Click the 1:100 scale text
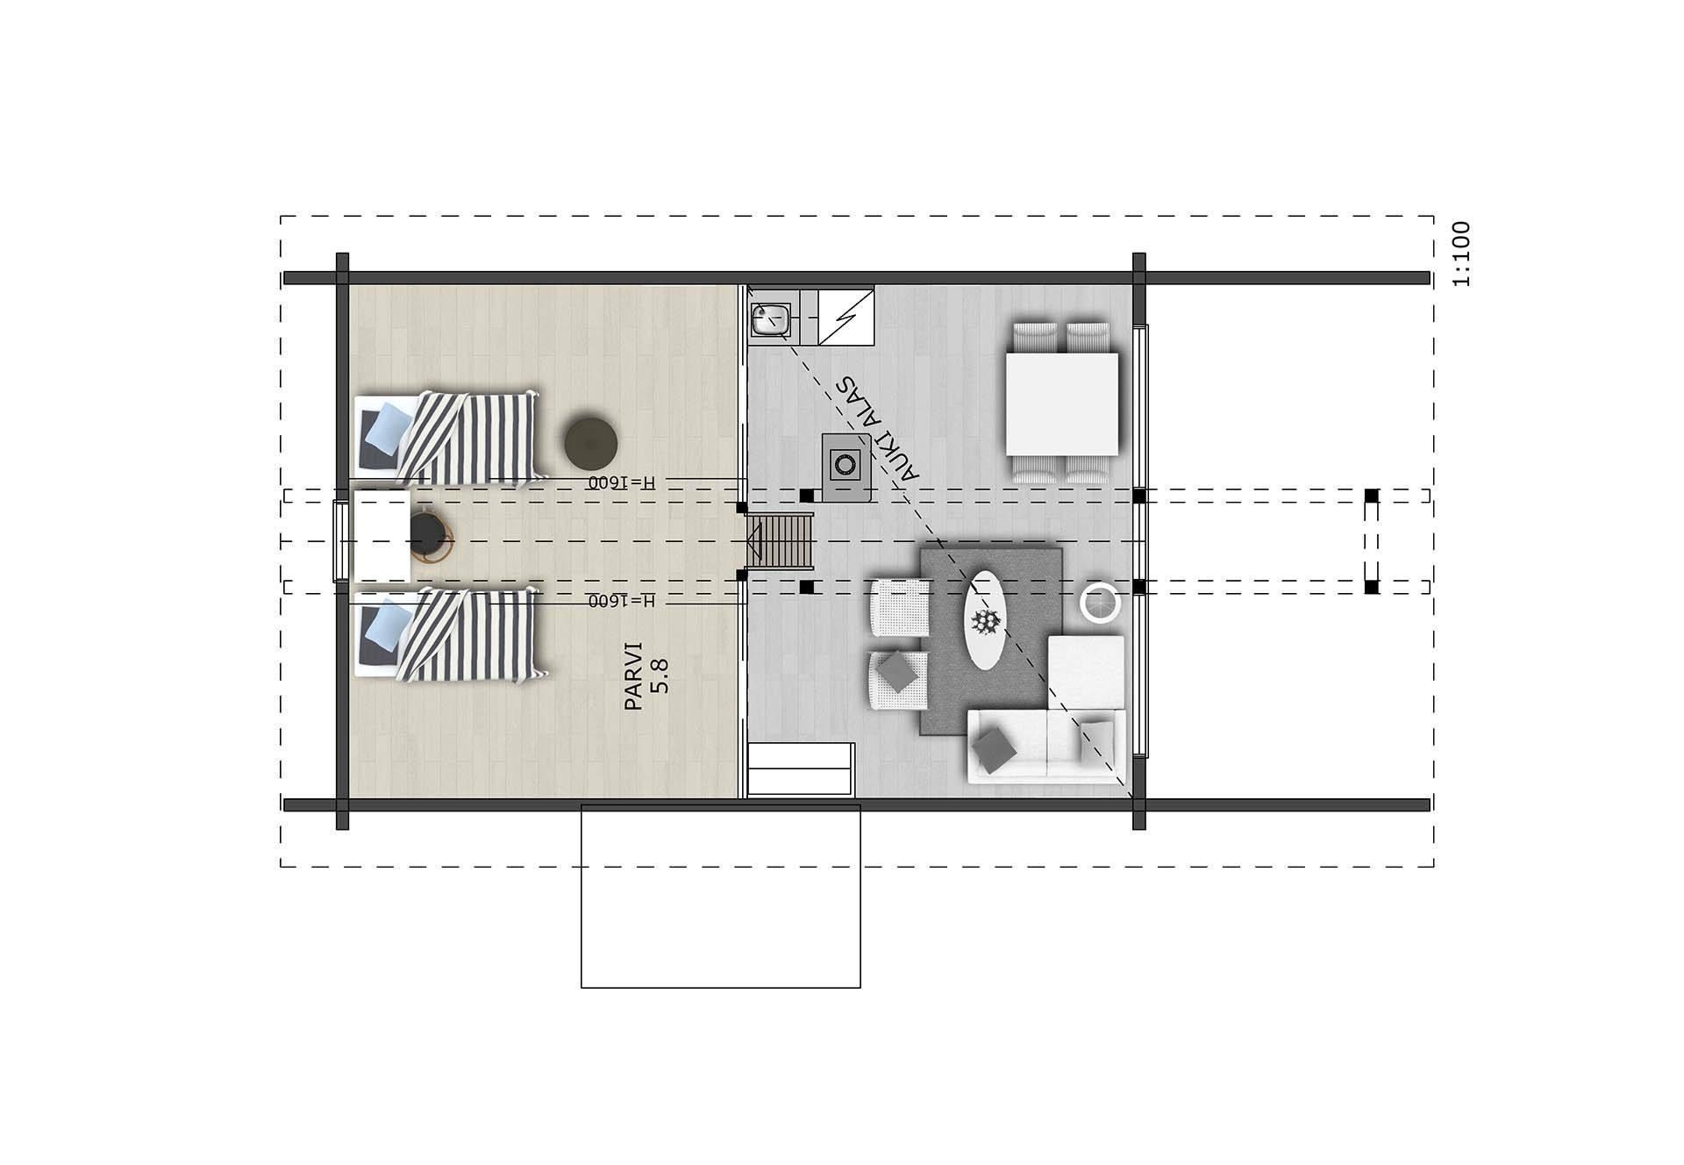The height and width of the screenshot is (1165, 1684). coord(1461,254)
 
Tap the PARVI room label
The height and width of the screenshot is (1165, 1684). coord(634,676)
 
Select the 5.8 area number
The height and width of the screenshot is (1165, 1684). coord(661,676)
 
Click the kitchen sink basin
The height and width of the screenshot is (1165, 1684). coord(771,319)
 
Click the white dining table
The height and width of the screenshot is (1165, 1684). coord(1062,403)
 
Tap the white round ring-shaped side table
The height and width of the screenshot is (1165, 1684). coord(1101,603)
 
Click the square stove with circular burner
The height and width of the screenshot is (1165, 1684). coord(846,468)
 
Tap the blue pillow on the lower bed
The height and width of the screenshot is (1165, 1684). coord(387,625)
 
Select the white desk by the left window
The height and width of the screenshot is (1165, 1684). coord(382,537)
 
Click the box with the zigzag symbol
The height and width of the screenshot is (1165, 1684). coord(846,315)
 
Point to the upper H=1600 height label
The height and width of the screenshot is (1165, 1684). coord(622,482)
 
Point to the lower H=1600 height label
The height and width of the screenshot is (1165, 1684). coord(622,601)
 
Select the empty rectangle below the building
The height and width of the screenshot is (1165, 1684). coord(721,896)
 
